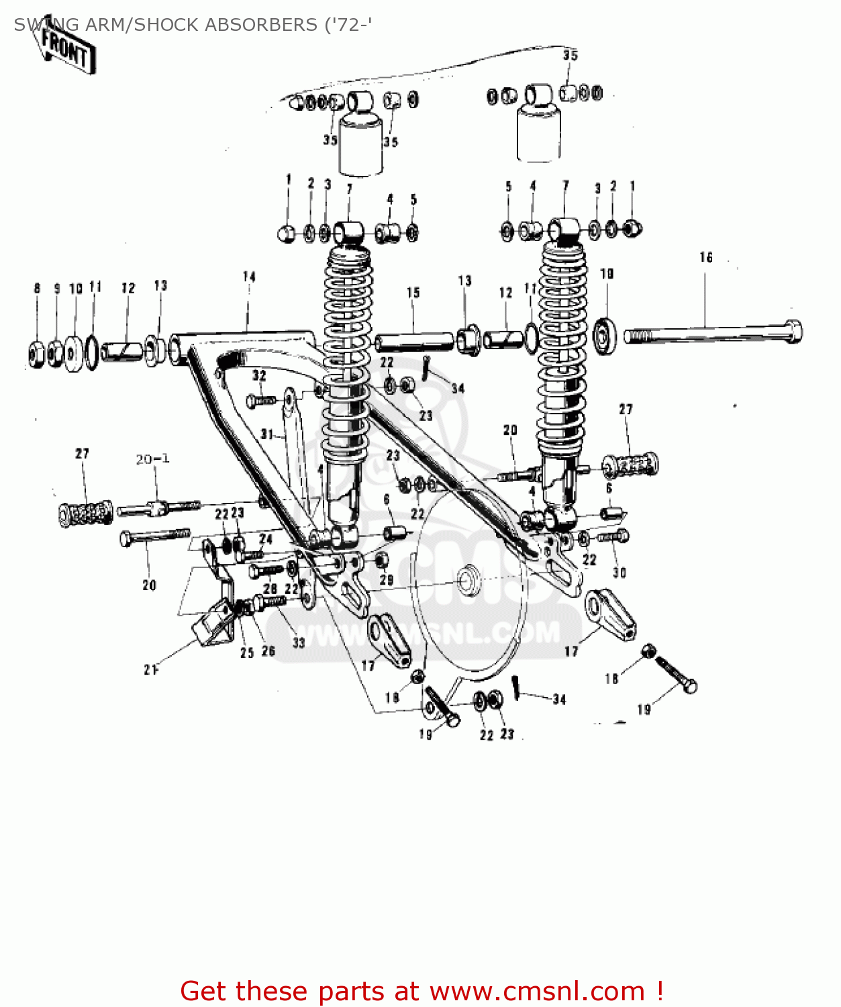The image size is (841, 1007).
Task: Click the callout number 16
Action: [705, 258]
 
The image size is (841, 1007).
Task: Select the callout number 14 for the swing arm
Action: [249, 277]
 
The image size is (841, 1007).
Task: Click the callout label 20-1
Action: [152, 459]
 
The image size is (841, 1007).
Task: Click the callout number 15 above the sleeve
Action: [413, 293]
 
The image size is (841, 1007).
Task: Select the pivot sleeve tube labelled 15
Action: [413, 341]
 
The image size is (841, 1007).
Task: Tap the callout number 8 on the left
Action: [37, 289]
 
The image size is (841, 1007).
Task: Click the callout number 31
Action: [267, 434]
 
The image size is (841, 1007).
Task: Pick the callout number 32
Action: [259, 376]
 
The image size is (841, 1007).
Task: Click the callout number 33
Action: [298, 642]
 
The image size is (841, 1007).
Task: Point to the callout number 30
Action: [619, 573]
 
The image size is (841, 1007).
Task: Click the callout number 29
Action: [387, 580]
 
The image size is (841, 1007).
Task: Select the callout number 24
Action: [266, 539]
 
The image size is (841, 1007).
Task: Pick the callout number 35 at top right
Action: [570, 55]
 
